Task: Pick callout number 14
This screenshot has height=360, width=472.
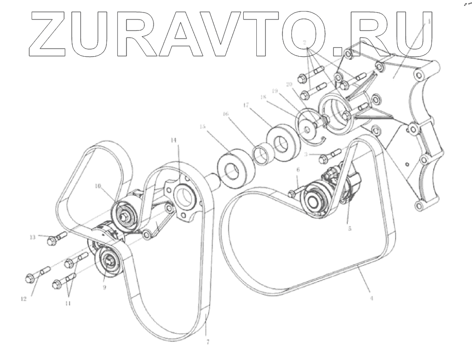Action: coord(174,141)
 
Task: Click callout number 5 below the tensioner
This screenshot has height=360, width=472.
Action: coord(349,228)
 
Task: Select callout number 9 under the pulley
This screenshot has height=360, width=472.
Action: coord(104,287)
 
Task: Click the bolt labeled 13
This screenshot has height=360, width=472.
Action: coord(55,240)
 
